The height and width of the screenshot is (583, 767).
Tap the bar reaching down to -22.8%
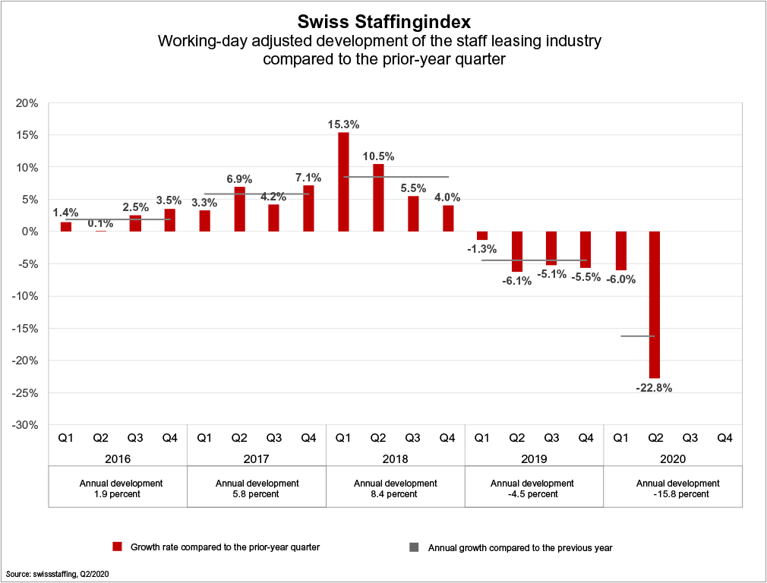tap(655, 304)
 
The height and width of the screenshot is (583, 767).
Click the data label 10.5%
tap(378, 156)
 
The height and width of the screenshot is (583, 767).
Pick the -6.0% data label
tap(620, 279)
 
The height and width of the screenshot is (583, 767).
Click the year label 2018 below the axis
tap(395, 459)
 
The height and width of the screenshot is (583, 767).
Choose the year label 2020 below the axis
tap(672, 459)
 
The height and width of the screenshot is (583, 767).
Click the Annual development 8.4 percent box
tap(395, 488)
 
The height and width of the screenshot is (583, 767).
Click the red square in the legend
tap(117, 547)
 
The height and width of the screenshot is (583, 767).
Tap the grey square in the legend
tap(414, 547)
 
